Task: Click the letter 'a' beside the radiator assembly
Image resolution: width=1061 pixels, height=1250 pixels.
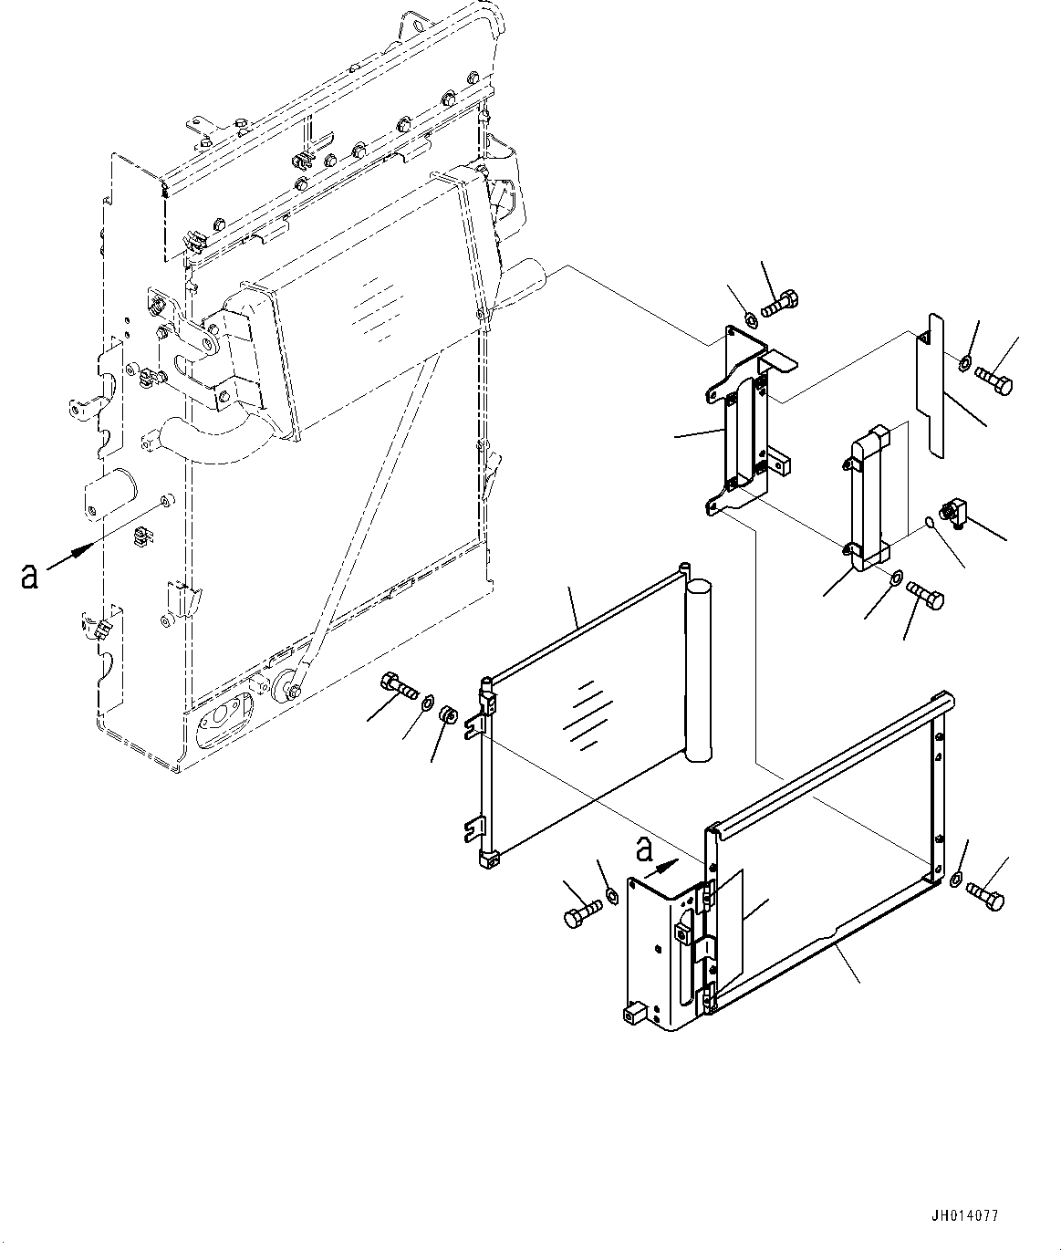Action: tap(29, 576)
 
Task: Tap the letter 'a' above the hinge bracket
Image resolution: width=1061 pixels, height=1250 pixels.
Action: tap(644, 849)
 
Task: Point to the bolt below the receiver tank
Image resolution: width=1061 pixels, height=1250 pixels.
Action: tap(926, 598)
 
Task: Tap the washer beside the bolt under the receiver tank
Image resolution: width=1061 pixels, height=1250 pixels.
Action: tap(897, 577)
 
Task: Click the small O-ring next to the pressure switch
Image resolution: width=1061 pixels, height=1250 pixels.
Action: tap(929, 523)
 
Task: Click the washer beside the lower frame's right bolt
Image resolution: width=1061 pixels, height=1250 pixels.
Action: tap(955, 880)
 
